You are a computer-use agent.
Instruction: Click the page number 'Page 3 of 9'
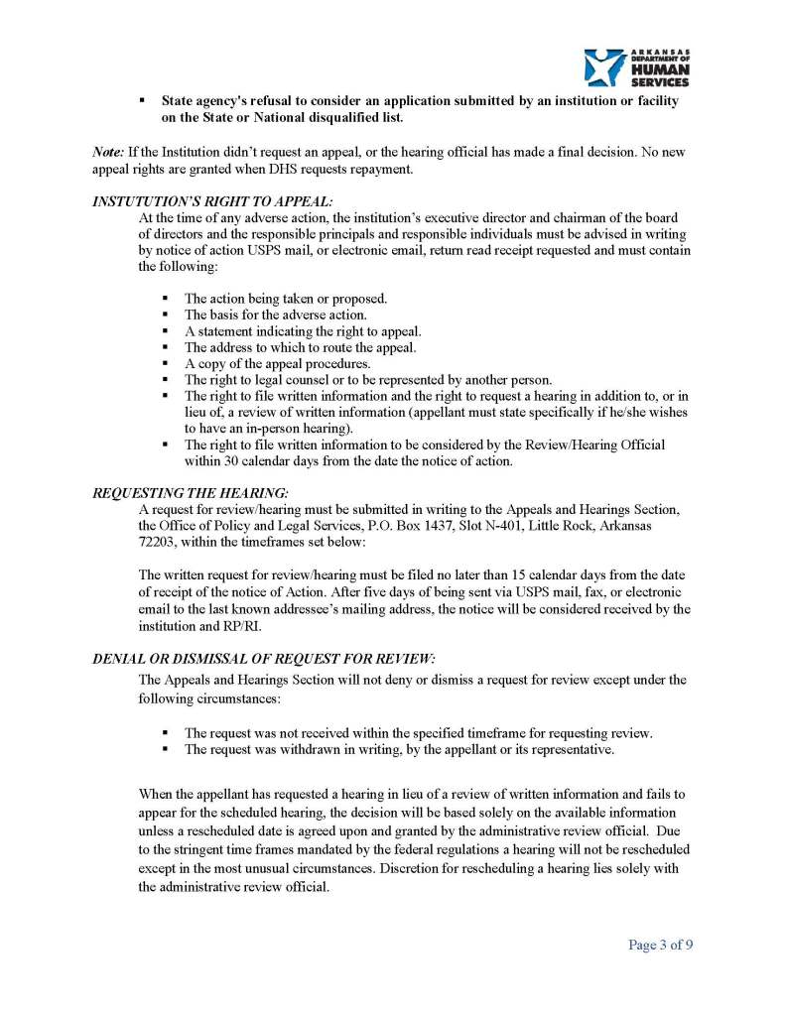[660, 945]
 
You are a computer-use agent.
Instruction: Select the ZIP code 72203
[157, 542]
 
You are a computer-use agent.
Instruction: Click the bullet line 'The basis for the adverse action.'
[261, 315]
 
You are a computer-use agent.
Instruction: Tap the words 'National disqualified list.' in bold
[321, 118]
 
